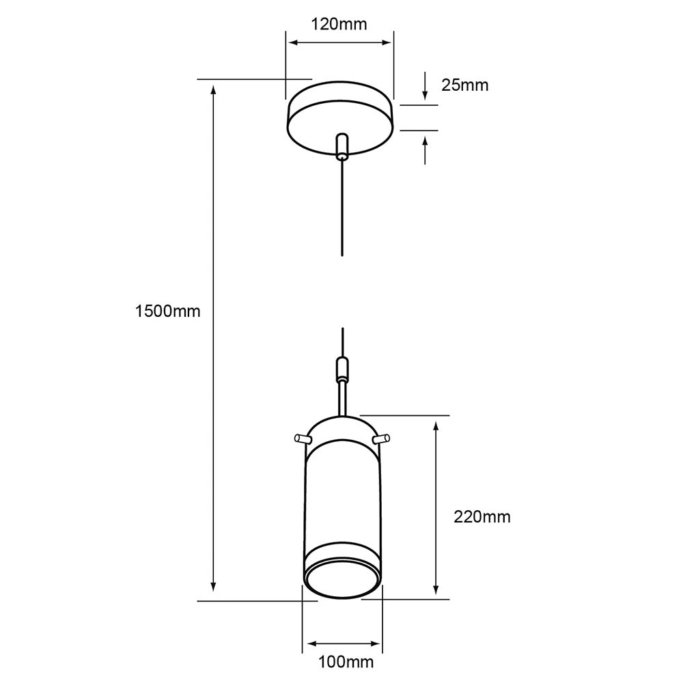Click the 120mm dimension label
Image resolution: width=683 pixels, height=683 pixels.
(x=339, y=24)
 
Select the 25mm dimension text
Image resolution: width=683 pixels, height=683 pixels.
(x=464, y=85)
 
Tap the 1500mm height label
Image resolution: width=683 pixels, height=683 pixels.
(x=168, y=311)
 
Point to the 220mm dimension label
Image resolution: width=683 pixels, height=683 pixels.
(x=482, y=516)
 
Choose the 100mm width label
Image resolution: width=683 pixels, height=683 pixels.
(x=346, y=662)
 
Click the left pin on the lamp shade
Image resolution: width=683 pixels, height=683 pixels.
(x=302, y=438)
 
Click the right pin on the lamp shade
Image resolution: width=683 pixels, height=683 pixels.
(x=381, y=438)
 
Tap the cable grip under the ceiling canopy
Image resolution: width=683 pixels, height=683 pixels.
(x=342, y=146)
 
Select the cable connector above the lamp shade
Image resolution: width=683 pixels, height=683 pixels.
(x=343, y=369)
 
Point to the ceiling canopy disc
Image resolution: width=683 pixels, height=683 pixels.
(x=340, y=117)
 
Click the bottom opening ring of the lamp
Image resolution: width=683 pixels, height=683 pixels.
(x=343, y=583)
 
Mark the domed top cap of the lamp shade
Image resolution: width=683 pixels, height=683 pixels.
(x=342, y=429)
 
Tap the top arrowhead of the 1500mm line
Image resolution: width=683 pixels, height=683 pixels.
(x=213, y=90)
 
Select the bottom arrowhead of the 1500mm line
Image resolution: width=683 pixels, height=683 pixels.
(x=213, y=586)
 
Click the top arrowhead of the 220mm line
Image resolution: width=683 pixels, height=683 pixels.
(x=436, y=427)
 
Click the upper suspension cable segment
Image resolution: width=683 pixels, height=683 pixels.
(x=342, y=208)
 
